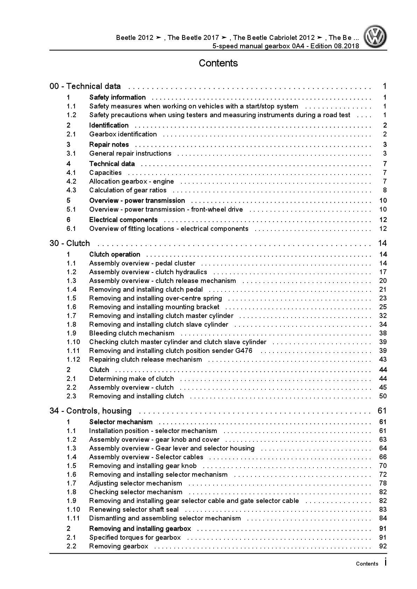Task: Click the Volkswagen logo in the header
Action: tap(375, 37)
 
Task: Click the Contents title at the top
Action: tap(218, 63)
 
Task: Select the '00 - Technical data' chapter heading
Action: tap(85, 86)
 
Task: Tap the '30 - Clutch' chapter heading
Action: tap(70, 243)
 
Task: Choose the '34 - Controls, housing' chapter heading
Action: tap(90, 411)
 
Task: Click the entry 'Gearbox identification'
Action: tap(123, 134)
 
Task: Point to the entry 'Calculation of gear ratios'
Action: tap(128, 190)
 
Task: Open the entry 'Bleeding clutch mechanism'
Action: tap(132, 333)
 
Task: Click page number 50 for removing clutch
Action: tap(383, 396)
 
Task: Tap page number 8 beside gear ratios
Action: tap(385, 190)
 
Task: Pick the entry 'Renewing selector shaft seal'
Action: tap(134, 510)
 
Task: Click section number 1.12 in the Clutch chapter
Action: tap(73, 360)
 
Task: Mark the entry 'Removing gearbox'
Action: tap(119, 546)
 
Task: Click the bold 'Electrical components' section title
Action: tap(123, 220)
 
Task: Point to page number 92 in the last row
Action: tap(383, 546)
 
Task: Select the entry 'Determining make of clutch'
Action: tap(131, 379)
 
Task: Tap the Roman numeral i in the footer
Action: tap(385, 562)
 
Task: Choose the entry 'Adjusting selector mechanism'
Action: tap(135, 483)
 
